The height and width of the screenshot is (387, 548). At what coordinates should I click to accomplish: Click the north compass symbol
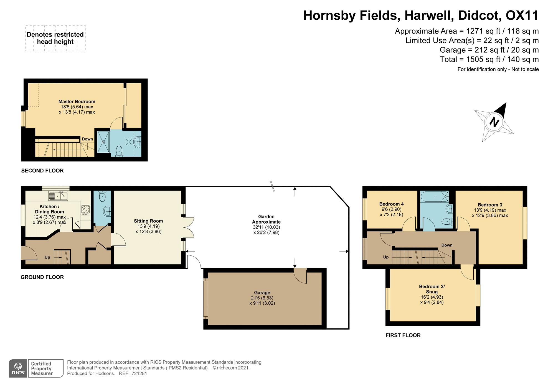tap(494, 122)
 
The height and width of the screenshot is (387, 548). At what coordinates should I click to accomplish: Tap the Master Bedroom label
tap(77, 102)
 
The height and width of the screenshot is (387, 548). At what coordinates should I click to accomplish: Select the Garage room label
tap(262, 293)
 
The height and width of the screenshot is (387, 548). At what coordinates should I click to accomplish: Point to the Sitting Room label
tap(148, 221)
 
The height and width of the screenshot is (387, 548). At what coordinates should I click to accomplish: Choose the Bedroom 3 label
tap(490, 205)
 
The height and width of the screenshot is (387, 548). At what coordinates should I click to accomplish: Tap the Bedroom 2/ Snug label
tap(432, 289)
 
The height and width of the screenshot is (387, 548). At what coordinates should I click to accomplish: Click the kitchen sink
tap(58, 196)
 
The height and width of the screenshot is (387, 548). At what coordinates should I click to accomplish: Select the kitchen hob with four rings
tap(85, 210)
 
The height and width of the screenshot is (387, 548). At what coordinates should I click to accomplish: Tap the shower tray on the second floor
tap(103, 142)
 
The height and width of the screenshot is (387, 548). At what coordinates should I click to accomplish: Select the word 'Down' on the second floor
tap(87, 139)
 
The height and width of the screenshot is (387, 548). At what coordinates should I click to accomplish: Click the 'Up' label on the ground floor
tap(47, 257)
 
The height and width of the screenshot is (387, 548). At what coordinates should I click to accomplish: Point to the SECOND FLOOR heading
tap(42, 171)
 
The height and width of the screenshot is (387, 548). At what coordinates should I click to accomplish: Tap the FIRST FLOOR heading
tap(403, 335)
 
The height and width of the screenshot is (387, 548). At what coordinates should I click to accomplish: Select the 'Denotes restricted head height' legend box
tap(55, 38)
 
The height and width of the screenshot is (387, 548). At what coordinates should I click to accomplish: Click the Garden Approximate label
tap(266, 219)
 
